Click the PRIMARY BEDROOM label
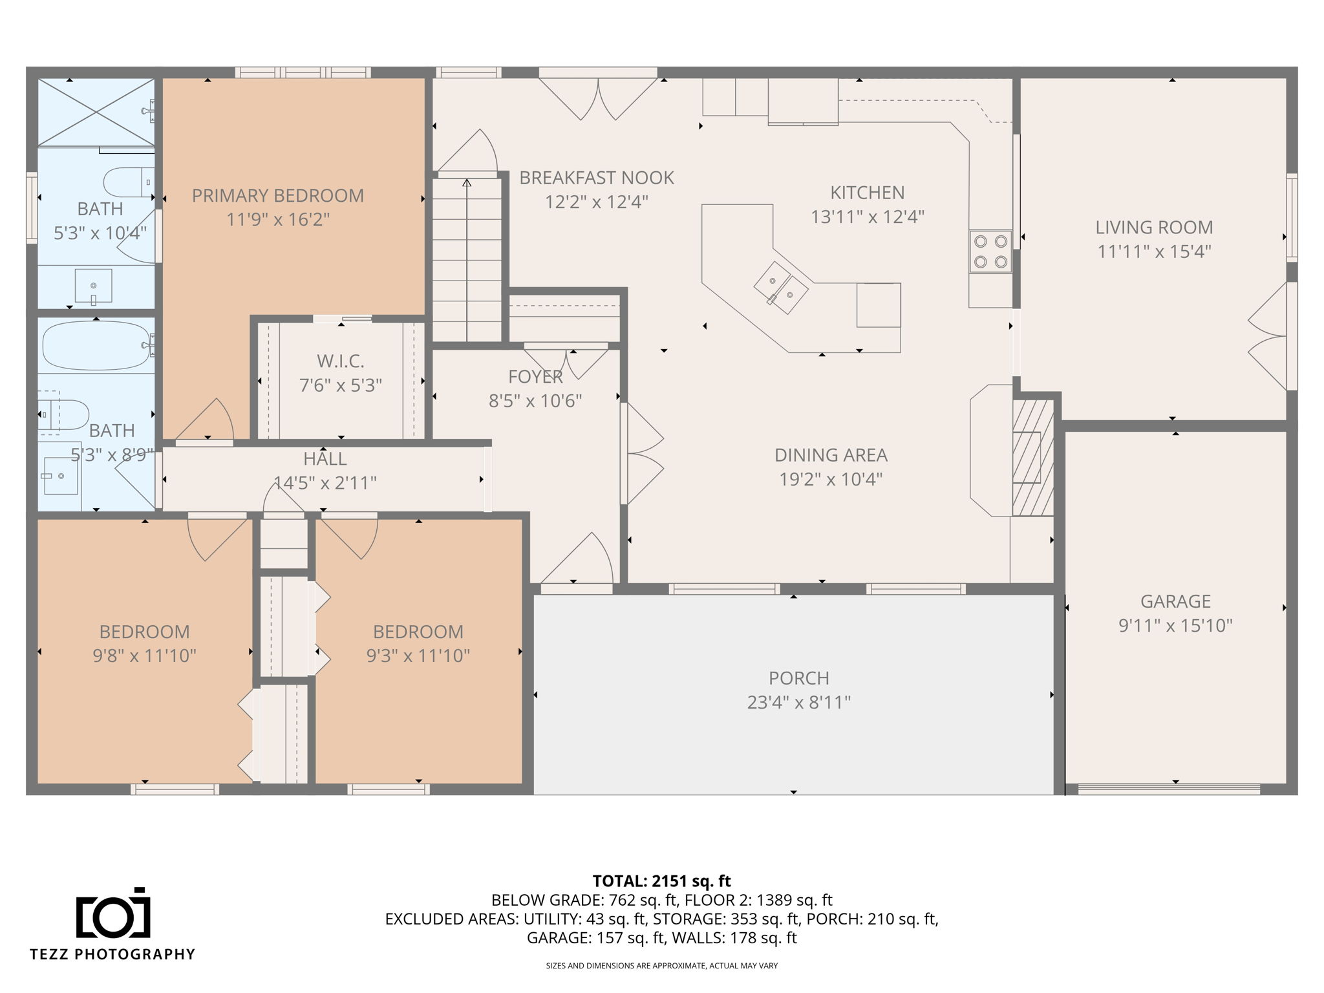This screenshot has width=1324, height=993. tap(278, 195)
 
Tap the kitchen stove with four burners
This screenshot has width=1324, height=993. tap(990, 251)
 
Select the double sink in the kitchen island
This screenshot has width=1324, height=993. tap(780, 288)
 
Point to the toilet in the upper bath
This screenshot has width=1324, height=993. tap(129, 182)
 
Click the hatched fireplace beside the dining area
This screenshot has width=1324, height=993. tap(1032, 457)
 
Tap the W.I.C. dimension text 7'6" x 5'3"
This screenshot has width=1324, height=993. tap(341, 385)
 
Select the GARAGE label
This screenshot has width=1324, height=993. tap(1175, 601)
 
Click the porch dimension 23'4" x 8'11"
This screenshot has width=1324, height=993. tap(799, 702)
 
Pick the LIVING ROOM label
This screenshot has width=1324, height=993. tap(1154, 227)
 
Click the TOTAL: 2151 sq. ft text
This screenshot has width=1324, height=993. tap(661, 881)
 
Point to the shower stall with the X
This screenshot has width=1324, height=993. tap(96, 112)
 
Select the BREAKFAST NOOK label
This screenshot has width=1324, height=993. tap(597, 178)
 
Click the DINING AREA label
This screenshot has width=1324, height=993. tap(831, 455)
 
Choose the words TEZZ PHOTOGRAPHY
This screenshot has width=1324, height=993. tap(112, 954)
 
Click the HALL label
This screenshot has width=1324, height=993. tap(325, 459)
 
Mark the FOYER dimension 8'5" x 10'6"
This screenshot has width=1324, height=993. tap(535, 401)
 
